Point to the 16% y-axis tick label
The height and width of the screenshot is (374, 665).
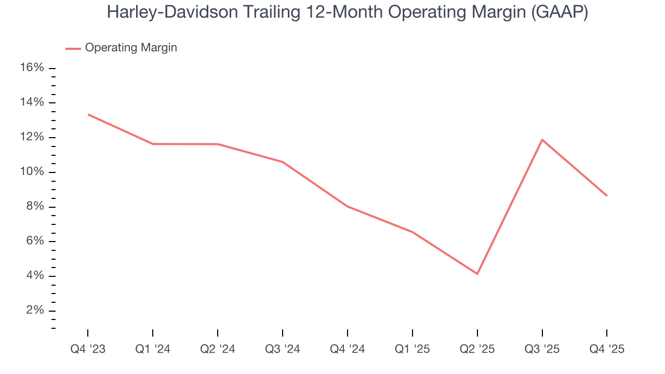click(32, 68)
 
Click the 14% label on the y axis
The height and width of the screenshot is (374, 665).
click(32, 102)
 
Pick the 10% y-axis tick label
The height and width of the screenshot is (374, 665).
click(32, 172)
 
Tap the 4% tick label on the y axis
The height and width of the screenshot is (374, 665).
click(35, 276)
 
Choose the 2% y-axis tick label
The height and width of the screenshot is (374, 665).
click(35, 311)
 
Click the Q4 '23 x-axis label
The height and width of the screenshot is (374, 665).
click(88, 349)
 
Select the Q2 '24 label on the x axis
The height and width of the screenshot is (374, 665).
click(218, 349)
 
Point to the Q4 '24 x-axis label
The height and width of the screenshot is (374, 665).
click(347, 349)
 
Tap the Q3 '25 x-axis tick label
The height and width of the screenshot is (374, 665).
click(542, 349)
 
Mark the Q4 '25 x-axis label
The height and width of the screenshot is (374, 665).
click(607, 349)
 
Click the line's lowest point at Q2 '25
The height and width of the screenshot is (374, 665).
click(477, 274)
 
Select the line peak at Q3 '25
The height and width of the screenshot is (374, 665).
click(542, 139)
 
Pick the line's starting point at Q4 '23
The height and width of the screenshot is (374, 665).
click(88, 114)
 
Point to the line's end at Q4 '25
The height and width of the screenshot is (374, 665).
click(607, 196)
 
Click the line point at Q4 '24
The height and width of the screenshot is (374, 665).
click(347, 206)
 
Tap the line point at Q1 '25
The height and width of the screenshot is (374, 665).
click(412, 232)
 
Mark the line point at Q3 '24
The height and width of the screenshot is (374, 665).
click(283, 162)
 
